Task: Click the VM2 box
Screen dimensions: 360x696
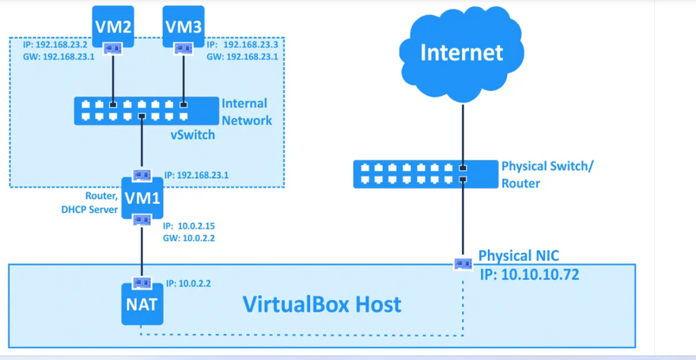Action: [x=113, y=25]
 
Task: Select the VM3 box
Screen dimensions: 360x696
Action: [x=183, y=25]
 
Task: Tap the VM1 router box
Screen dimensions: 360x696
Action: [x=142, y=198]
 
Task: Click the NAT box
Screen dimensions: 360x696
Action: [x=142, y=305]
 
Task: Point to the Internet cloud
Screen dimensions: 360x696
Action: [x=461, y=53]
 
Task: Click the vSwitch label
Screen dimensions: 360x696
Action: [x=192, y=135]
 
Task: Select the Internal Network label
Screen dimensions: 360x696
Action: [x=246, y=112]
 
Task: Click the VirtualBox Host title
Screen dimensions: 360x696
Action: [x=322, y=304]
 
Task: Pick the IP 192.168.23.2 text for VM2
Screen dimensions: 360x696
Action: [x=55, y=45]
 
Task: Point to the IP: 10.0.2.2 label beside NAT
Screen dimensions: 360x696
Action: [x=188, y=283]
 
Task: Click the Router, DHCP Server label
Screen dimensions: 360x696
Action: [x=89, y=203]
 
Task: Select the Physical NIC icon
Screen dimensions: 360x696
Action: [x=463, y=263]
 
